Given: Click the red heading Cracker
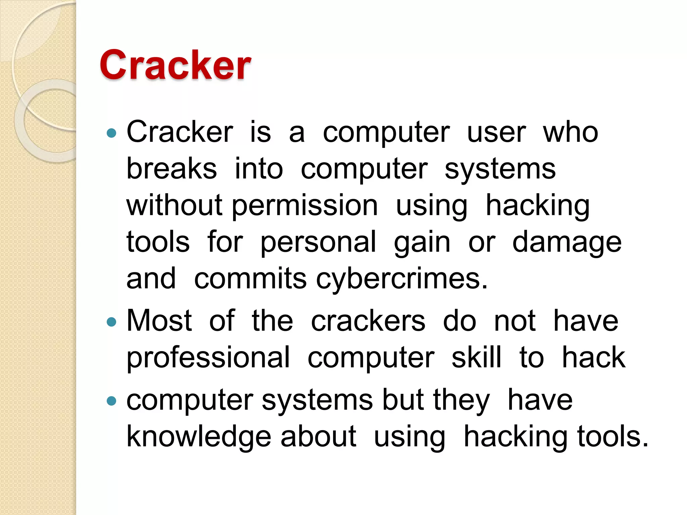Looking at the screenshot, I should [175, 65].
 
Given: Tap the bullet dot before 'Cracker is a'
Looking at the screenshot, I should [111, 133].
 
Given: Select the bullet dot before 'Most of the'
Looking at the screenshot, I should [111, 322].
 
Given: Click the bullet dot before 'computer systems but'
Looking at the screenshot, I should [111, 401].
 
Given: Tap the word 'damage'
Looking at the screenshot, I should [567, 242].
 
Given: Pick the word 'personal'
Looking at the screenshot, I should [318, 242].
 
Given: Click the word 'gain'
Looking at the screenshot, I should [422, 242].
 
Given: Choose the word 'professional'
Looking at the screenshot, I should [208, 358].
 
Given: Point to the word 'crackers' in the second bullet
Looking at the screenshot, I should [368, 321].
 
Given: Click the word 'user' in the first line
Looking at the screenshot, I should [496, 132].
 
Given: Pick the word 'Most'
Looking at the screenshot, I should [159, 321].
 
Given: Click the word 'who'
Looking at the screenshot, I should [570, 132].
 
